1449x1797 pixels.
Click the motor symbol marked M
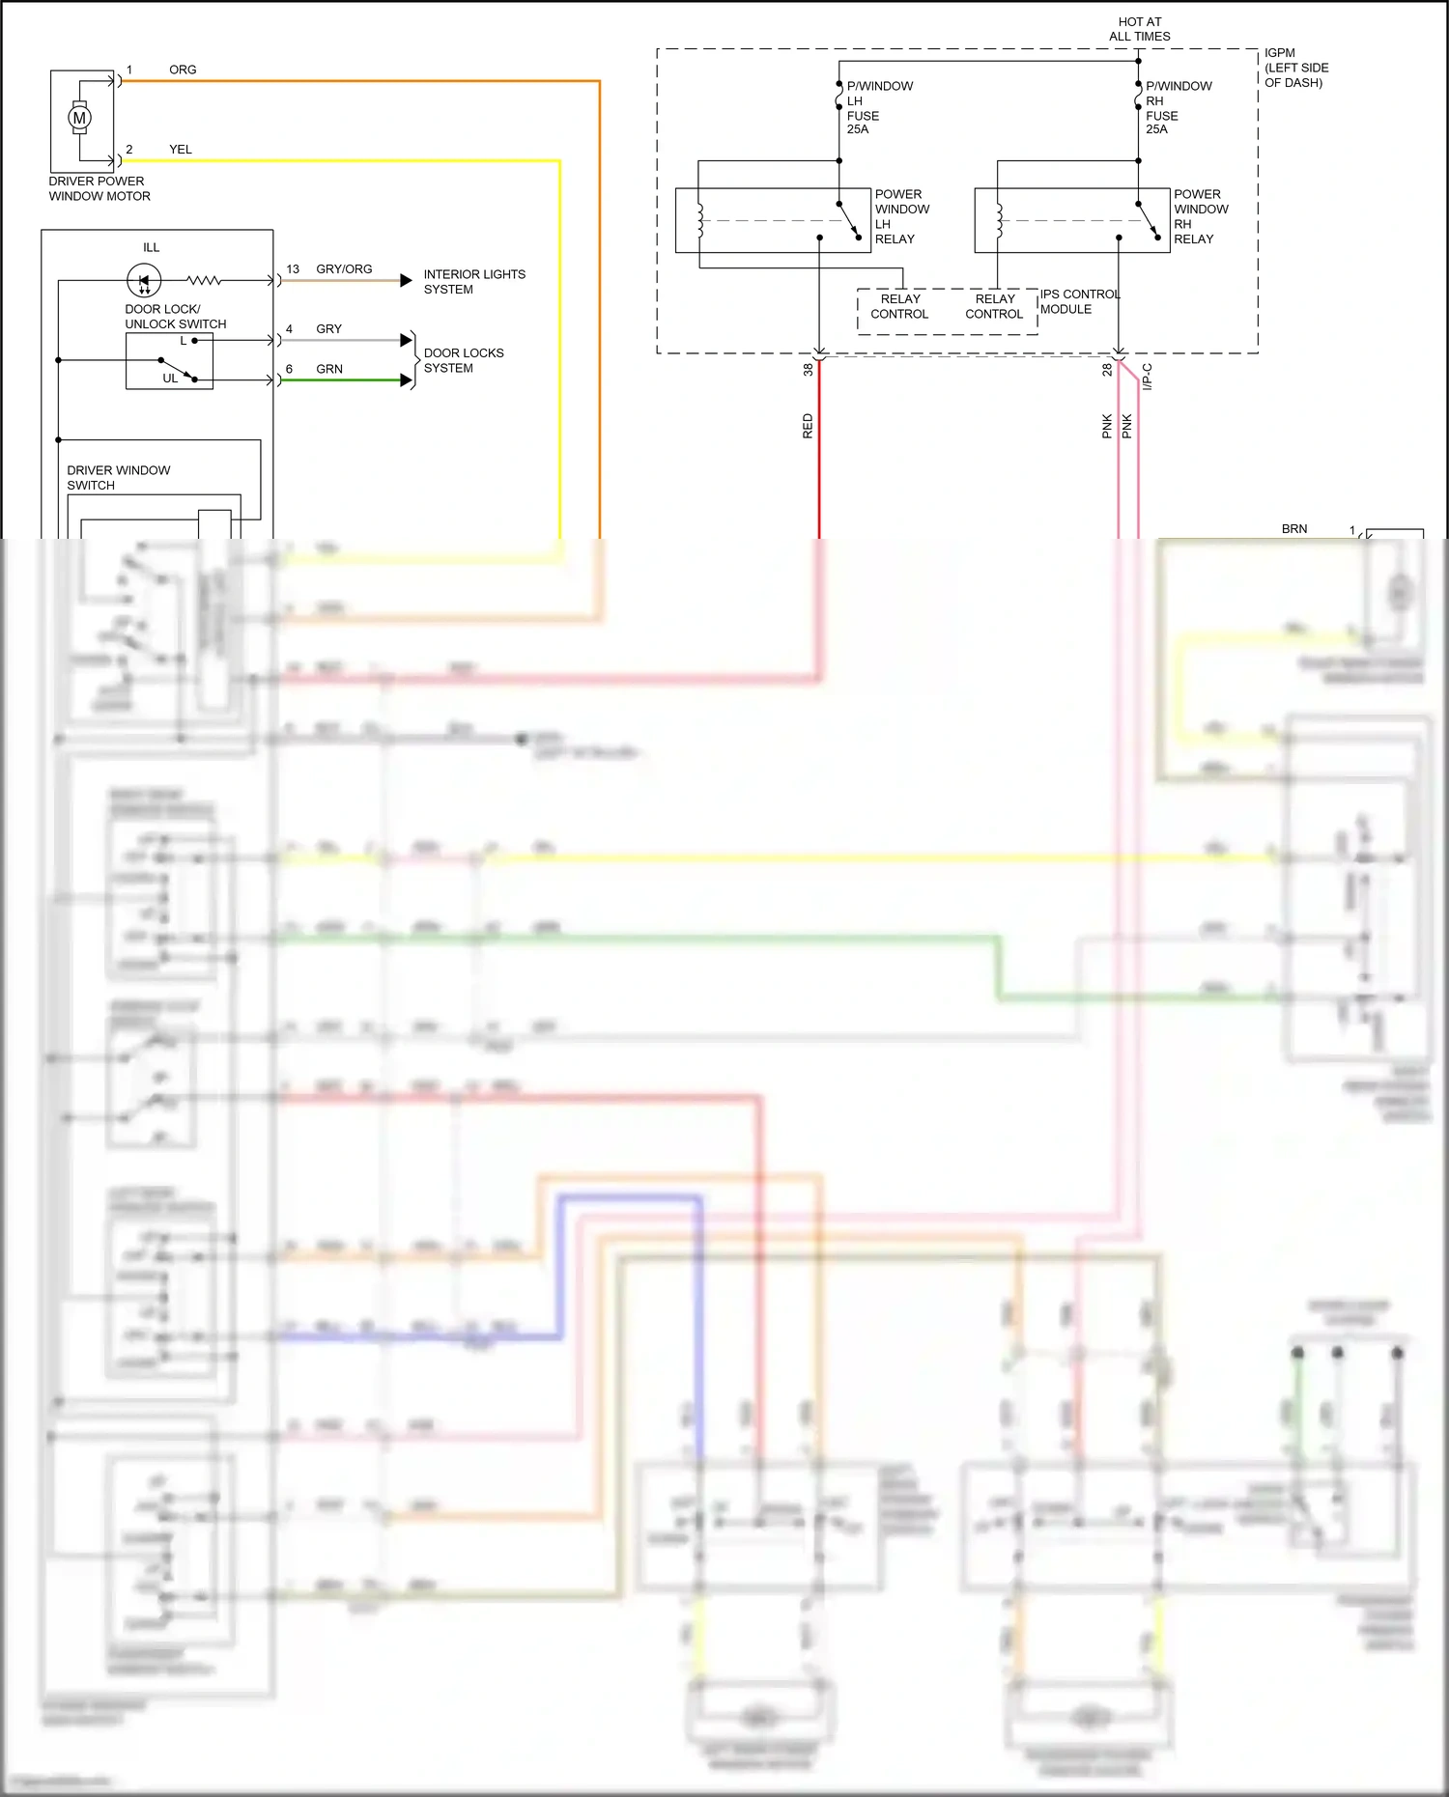pyautogui.click(x=79, y=118)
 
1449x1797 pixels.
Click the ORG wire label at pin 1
pyautogui.click(x=183, y=70)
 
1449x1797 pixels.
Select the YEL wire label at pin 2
pyautogui.click(x=181, y=150)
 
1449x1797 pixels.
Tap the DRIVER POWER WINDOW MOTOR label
pyautogui.click(x=99, y=188)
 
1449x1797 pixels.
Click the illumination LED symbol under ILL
pyautogui.click(x=144, y=281)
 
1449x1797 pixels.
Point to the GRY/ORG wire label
pyautogui.click(x=344, y=269)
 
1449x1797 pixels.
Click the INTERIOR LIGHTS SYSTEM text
pyautogui.click(x=474, y=282)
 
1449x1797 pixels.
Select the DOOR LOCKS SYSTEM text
pyautogui.click(x=464, y=360)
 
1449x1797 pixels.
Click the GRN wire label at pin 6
pyautogui.click(x=329, y=369)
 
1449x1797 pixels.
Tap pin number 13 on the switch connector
pyautogui.click(x=293, y=269)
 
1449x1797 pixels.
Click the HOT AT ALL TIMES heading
pyautogui.click(x=1140, y=29)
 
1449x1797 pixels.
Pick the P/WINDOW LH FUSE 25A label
pyautogui.click(x=879, y=107)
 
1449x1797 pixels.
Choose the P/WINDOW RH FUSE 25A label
pyautogui.click(x=1179, y=107)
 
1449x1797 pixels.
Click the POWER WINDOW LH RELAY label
pyautogui.click(x=901, y=216)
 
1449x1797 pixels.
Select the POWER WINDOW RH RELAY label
pyautogui.click(x=1201, y=216)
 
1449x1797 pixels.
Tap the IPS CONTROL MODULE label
pyautogui.click(x=1079, y=301)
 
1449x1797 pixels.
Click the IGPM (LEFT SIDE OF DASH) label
pyautogui.click(x=1296, y=68)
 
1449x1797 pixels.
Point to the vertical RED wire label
pyautogui.click(x=808, y=426)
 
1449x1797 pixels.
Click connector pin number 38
pyautogui.click(x=808, y=369)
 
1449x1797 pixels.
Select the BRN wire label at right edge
pyautogui.click(x=1294, y=529)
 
